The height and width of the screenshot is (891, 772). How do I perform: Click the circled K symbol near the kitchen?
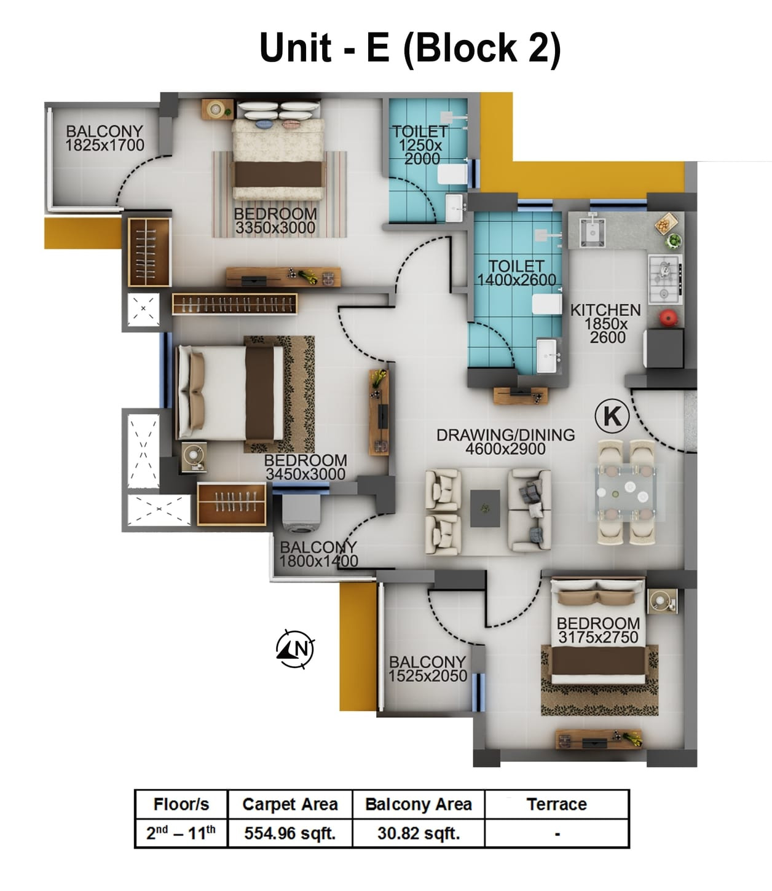coord(612,416)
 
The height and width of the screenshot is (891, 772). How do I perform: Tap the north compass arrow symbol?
coord(296,648)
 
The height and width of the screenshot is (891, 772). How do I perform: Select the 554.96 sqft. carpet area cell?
coord(289,833)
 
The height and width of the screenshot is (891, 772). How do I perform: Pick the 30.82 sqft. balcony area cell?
coord(419,833)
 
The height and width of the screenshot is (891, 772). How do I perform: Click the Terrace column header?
coord(556,804)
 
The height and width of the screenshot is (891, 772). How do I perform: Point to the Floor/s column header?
coord(181,804)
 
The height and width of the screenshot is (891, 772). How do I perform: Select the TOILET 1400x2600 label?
coord(516,273)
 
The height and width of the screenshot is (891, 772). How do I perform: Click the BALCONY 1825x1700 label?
coord(104,138)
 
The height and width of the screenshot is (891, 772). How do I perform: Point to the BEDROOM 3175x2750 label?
coord(598,630)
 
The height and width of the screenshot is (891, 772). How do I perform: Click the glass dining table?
coord(626,492)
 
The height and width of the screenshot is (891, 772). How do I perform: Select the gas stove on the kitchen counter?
coord(664,278)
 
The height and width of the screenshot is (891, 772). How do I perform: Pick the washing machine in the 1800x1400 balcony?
coord(299,514)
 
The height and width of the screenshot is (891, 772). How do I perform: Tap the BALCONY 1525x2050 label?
coord(427,669)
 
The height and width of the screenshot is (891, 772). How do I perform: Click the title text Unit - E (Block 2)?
coord(410,47)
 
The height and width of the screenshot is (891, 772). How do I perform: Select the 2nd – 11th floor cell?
coord(181,833)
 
